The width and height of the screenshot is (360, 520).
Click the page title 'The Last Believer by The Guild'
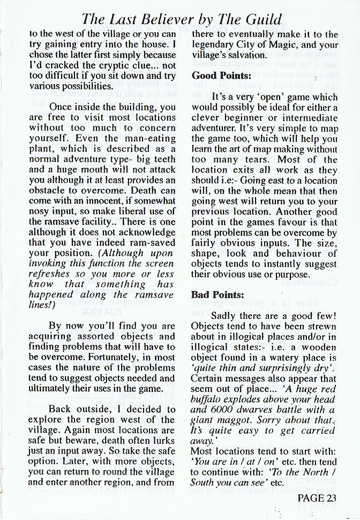pyautogui.click(x=182, y=20)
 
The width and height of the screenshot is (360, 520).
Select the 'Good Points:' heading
pyautogui.click(x=222, y=76)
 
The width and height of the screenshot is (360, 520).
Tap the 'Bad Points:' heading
pyautogui.click(x=217, y=295)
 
